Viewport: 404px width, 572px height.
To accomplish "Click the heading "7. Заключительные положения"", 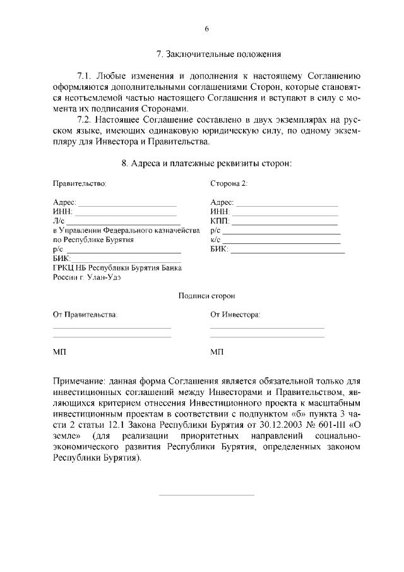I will (218, 55).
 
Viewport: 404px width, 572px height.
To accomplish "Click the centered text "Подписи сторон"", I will (206, 296).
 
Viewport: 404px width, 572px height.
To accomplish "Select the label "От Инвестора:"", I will (235, 315).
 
